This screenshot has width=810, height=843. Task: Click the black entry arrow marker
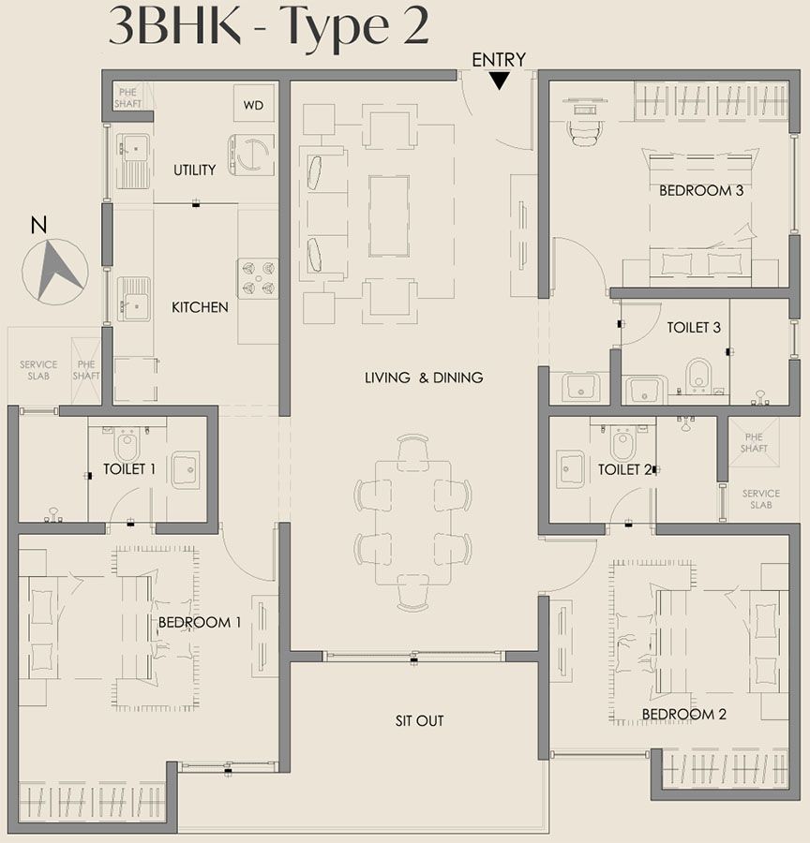click(x=501, y=81)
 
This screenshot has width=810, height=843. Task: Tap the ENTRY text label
click(x=499, y=59)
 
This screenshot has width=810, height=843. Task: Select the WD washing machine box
click(x=254, y=106)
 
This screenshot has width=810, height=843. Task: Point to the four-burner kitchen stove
click(x=258, y=278)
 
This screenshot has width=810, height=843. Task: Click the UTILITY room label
click(x=195, y=170)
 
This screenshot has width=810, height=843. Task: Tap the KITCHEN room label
click(x=200, y=306)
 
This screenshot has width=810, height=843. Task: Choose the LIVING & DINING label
click(x=424, y=377)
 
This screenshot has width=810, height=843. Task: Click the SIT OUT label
click(x=419, y=720)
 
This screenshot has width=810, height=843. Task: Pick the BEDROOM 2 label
click(x=684, y=714)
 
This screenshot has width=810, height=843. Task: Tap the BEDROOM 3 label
click(x=701, y=190)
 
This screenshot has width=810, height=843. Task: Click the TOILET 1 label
click(x=129, y=468)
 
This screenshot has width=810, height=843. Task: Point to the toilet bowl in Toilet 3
click(x=698, y=374)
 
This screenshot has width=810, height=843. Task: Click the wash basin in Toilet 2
click(x=571, y=468)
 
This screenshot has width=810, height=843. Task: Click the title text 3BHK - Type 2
click(x=269, y=28)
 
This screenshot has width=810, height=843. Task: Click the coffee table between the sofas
click(x=388, y=215)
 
